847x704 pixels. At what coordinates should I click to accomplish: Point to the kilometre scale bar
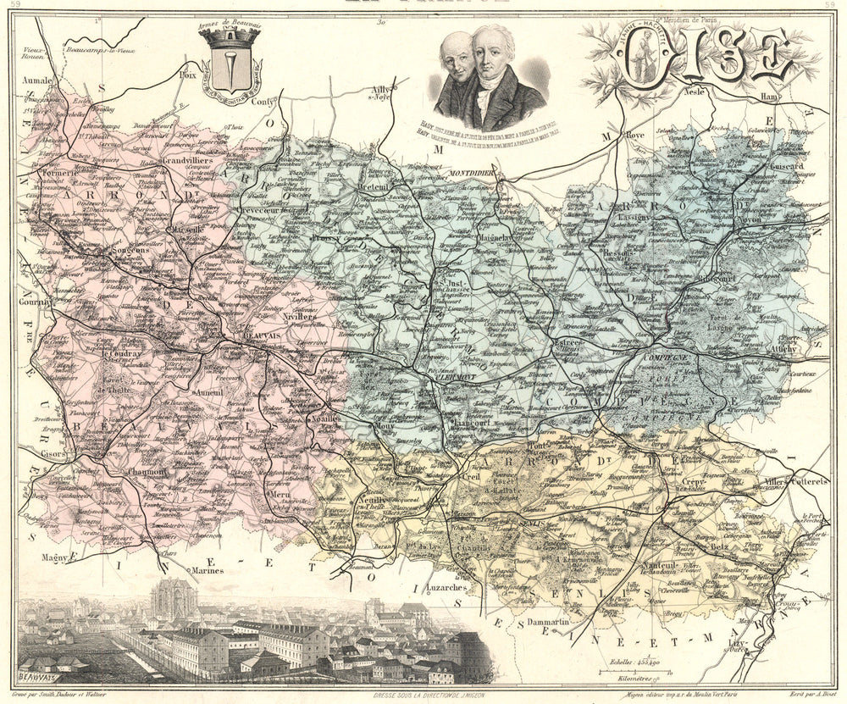click(631, 673)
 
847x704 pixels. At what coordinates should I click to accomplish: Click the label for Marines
click(209, 570)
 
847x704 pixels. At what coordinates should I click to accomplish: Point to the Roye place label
click(635, 133)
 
